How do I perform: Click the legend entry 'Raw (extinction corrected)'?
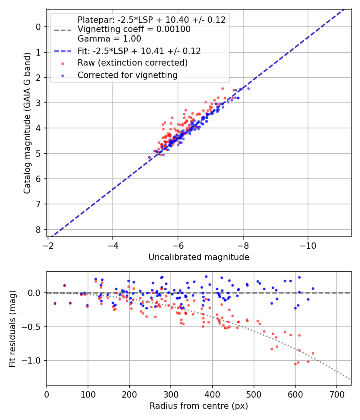(132, 63)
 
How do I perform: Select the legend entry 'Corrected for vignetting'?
(128, 75)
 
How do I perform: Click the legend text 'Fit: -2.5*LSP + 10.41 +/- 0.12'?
(139, 51)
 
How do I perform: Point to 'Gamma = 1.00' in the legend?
(109, 39)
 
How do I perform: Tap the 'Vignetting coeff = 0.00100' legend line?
(134, 29)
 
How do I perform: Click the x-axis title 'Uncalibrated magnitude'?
(199, 257)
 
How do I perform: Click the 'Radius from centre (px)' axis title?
(199, 406)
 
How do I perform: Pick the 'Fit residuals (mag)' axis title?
(12, 329)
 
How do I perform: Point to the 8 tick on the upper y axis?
(38, 230)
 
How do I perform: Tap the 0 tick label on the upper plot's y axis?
(38, 27)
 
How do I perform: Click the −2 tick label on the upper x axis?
(48, 244)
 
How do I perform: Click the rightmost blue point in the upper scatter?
(248, 88)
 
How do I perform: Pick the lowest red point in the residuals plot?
(295, 364)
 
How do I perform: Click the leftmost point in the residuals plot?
(55, 304)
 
